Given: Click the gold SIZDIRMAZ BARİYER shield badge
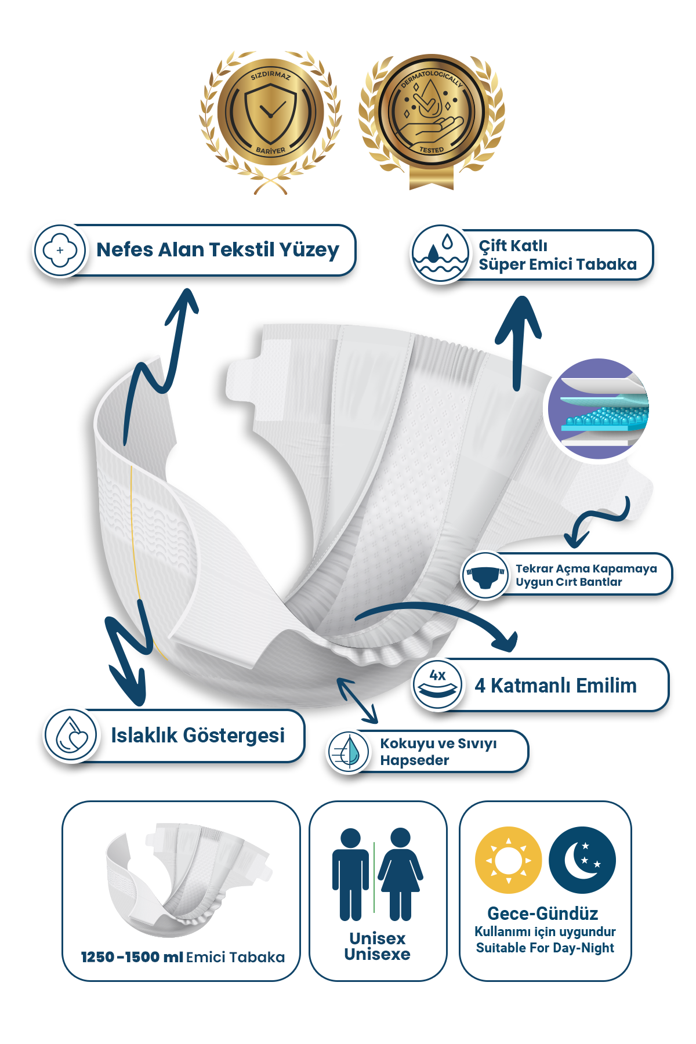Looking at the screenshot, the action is point(270,122).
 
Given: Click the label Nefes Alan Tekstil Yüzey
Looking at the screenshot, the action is point(217,250).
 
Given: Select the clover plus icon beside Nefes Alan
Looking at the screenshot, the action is point(60,251).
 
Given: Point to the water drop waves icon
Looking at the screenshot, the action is point(440,254).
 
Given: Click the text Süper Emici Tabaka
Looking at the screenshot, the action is point(557,264).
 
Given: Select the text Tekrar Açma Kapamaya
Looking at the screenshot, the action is point(586,569).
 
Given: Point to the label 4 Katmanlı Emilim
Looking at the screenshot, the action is point(556,686).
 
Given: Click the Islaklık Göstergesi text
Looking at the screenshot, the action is point(198,735).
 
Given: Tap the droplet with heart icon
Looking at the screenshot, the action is point(71,735).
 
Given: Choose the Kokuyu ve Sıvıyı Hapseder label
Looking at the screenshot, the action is point(438,752).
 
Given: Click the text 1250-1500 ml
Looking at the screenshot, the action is point(132,957).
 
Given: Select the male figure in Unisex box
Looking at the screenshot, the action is point(350,875).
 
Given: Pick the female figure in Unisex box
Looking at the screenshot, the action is point(401,875).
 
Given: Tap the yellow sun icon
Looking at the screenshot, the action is point(508,860).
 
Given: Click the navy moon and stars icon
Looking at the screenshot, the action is point(582,860).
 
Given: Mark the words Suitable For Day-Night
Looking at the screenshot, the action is point(545,948).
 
